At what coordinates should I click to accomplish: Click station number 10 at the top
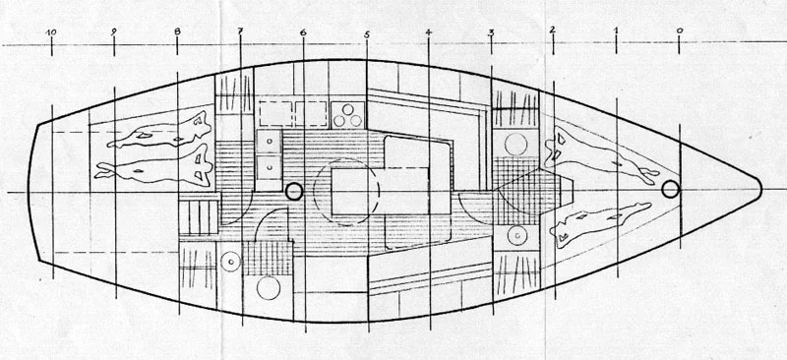[51, 32]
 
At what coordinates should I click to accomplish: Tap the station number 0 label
[680, 30]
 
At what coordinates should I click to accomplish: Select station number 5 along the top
[366, 35]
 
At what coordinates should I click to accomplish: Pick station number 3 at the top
[491, 33]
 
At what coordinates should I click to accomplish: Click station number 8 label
[177, 32]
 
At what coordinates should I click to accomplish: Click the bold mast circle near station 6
[293, 191]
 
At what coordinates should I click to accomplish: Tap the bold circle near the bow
[672, 190]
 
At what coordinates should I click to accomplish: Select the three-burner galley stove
[346, 116]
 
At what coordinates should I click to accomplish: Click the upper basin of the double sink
[269, 144]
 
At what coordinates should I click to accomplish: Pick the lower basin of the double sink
[269, 167]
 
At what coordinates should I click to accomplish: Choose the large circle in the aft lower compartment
[269, 290]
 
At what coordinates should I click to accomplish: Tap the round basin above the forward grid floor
[515, 145]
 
